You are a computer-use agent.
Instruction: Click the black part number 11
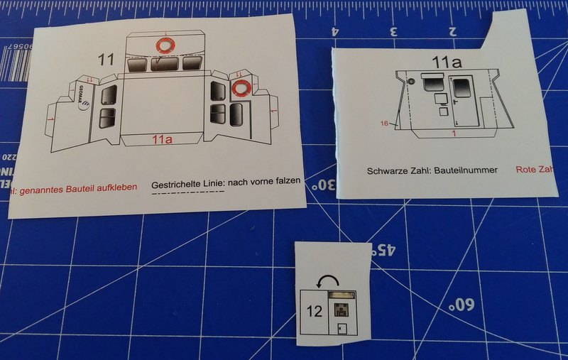click(x=106, y=60)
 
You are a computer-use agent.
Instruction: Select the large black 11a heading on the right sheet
click(x=447, y=63)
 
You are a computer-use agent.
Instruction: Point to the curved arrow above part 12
click(x=327, y=283)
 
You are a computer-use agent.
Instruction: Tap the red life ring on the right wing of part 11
click(x=240, y=89)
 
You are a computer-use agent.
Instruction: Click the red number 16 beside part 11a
click(x=383, y=124)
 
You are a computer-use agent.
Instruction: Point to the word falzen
click(x=287, y=181)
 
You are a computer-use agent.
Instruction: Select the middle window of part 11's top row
click(x=165, y=64)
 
